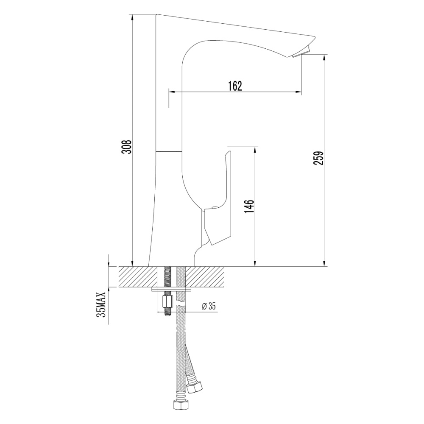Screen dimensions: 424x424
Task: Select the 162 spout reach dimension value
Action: tap(234, 86)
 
